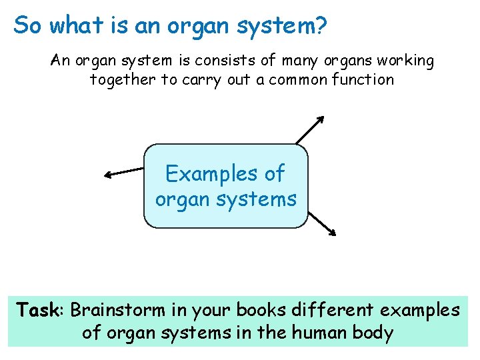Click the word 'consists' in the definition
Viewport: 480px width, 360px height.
(225, 61)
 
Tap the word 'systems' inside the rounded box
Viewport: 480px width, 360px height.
(261, 199)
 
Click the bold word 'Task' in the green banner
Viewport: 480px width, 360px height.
(39, 311)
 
